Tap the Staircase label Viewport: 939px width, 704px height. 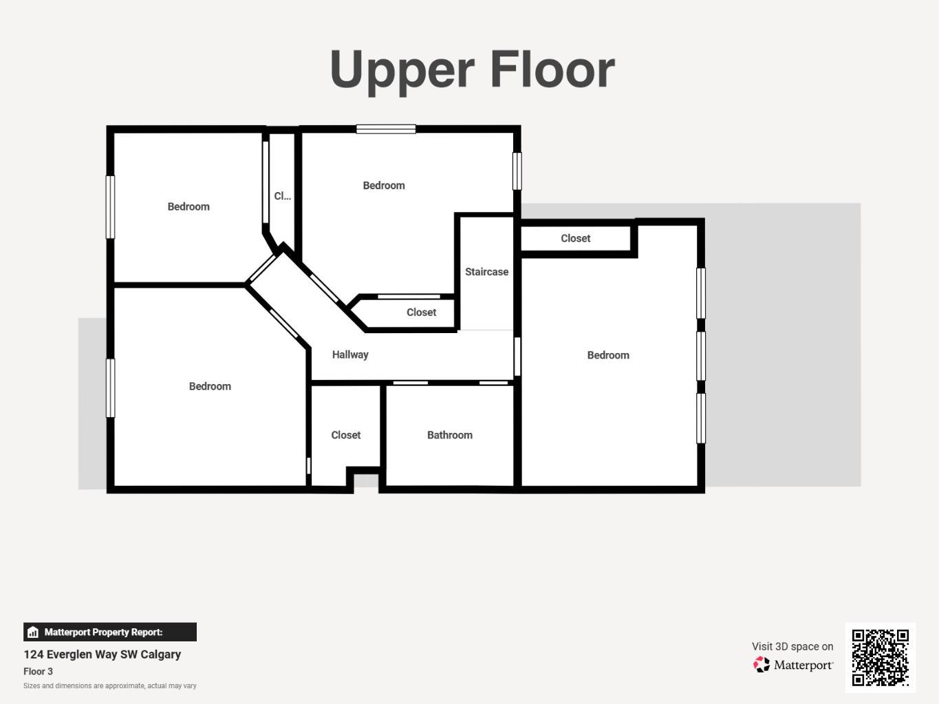tap(487, 272)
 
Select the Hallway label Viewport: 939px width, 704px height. tap(350, 355)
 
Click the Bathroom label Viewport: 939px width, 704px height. tap(450, 435)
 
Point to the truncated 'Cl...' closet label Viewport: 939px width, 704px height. tap(282, 196)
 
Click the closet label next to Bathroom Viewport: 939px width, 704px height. tap(345, 435)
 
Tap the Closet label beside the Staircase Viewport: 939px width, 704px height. tap(422, 312)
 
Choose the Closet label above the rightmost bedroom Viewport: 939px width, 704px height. tap(575, 238)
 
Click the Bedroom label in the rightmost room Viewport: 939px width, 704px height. tap(608, 355)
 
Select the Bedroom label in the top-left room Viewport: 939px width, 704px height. tap(188, 206)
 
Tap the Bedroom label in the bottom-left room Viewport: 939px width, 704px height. tap(210, 387)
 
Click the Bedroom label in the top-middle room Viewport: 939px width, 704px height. tap(384, 186)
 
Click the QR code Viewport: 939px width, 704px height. tap(880, 657)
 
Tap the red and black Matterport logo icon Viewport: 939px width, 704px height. tap(761, 665)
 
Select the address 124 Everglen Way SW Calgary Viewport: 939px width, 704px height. tap(102, 654)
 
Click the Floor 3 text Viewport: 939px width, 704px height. tap(38, 672)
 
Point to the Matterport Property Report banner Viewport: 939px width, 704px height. tap(110, 632)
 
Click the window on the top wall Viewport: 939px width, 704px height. tap(386, 129)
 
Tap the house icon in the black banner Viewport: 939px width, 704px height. tap(33, 632)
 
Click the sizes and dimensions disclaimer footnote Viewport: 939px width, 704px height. tap(110, 686)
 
